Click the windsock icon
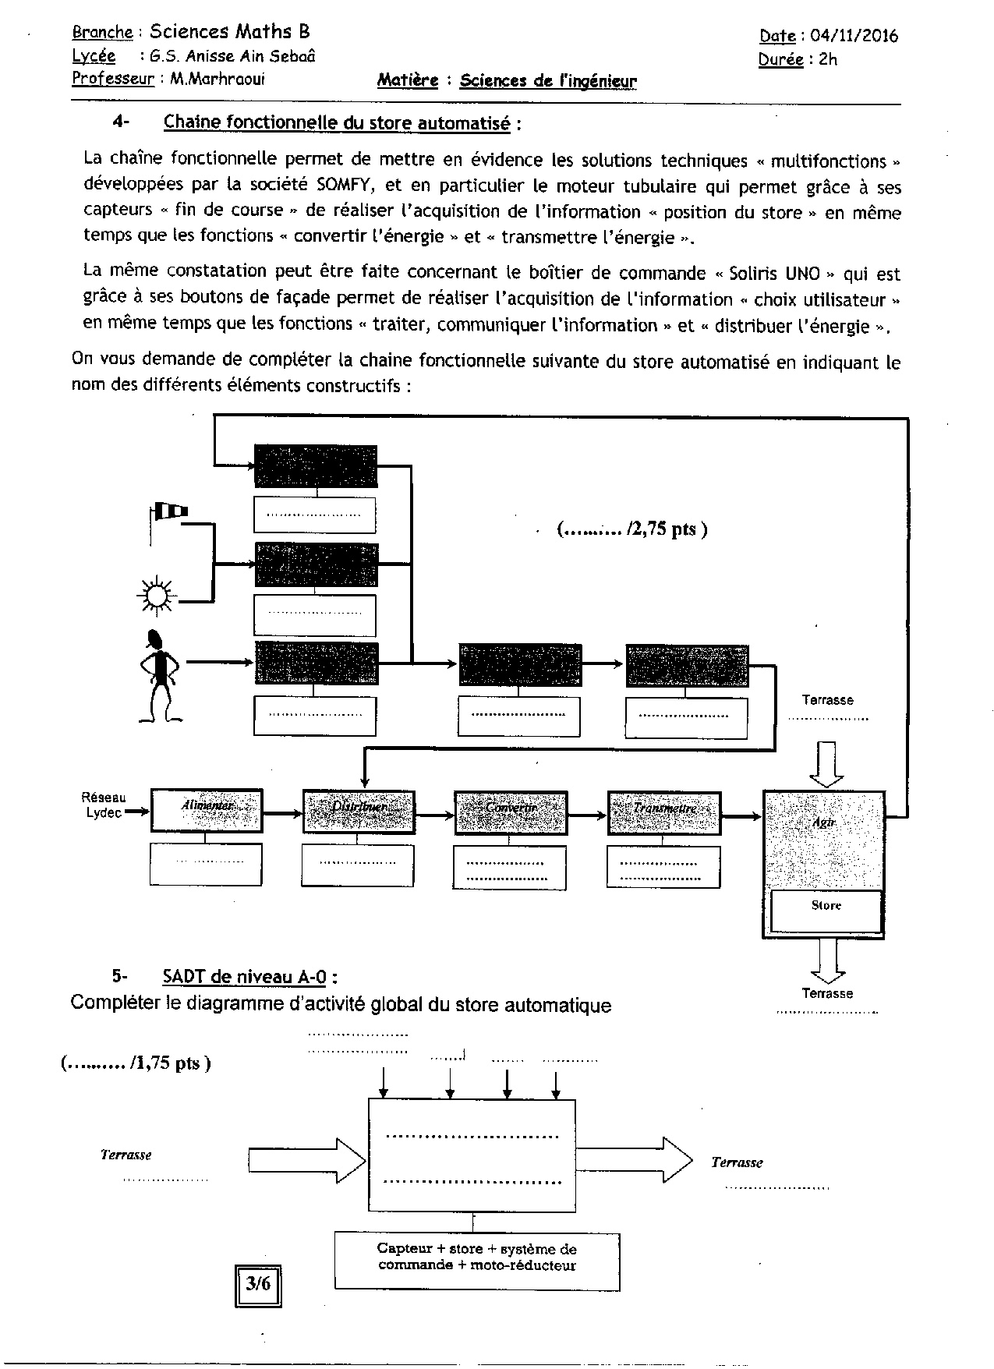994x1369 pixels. [x=170, y=512]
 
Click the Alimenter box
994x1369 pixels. [x=207, y=810]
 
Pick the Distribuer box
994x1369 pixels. [x=359, y=810]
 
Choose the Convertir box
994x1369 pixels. [x=511, y=810]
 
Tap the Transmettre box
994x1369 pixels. [x=663, y=812]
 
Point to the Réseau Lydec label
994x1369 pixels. [x=103, y=805]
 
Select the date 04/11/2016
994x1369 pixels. [x=854, y=36]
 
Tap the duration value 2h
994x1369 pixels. [x=827, y=59]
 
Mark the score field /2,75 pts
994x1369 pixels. [x=632, y=529]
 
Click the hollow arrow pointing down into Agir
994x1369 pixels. [x=827, y=763]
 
